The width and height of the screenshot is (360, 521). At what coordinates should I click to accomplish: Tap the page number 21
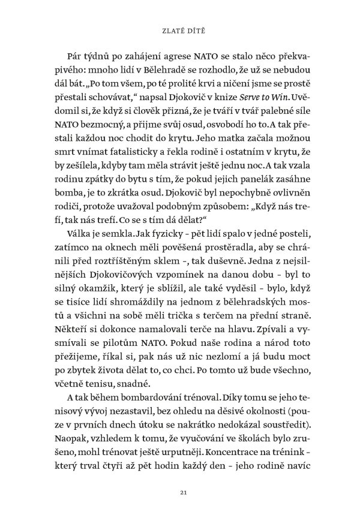pos(180,492)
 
